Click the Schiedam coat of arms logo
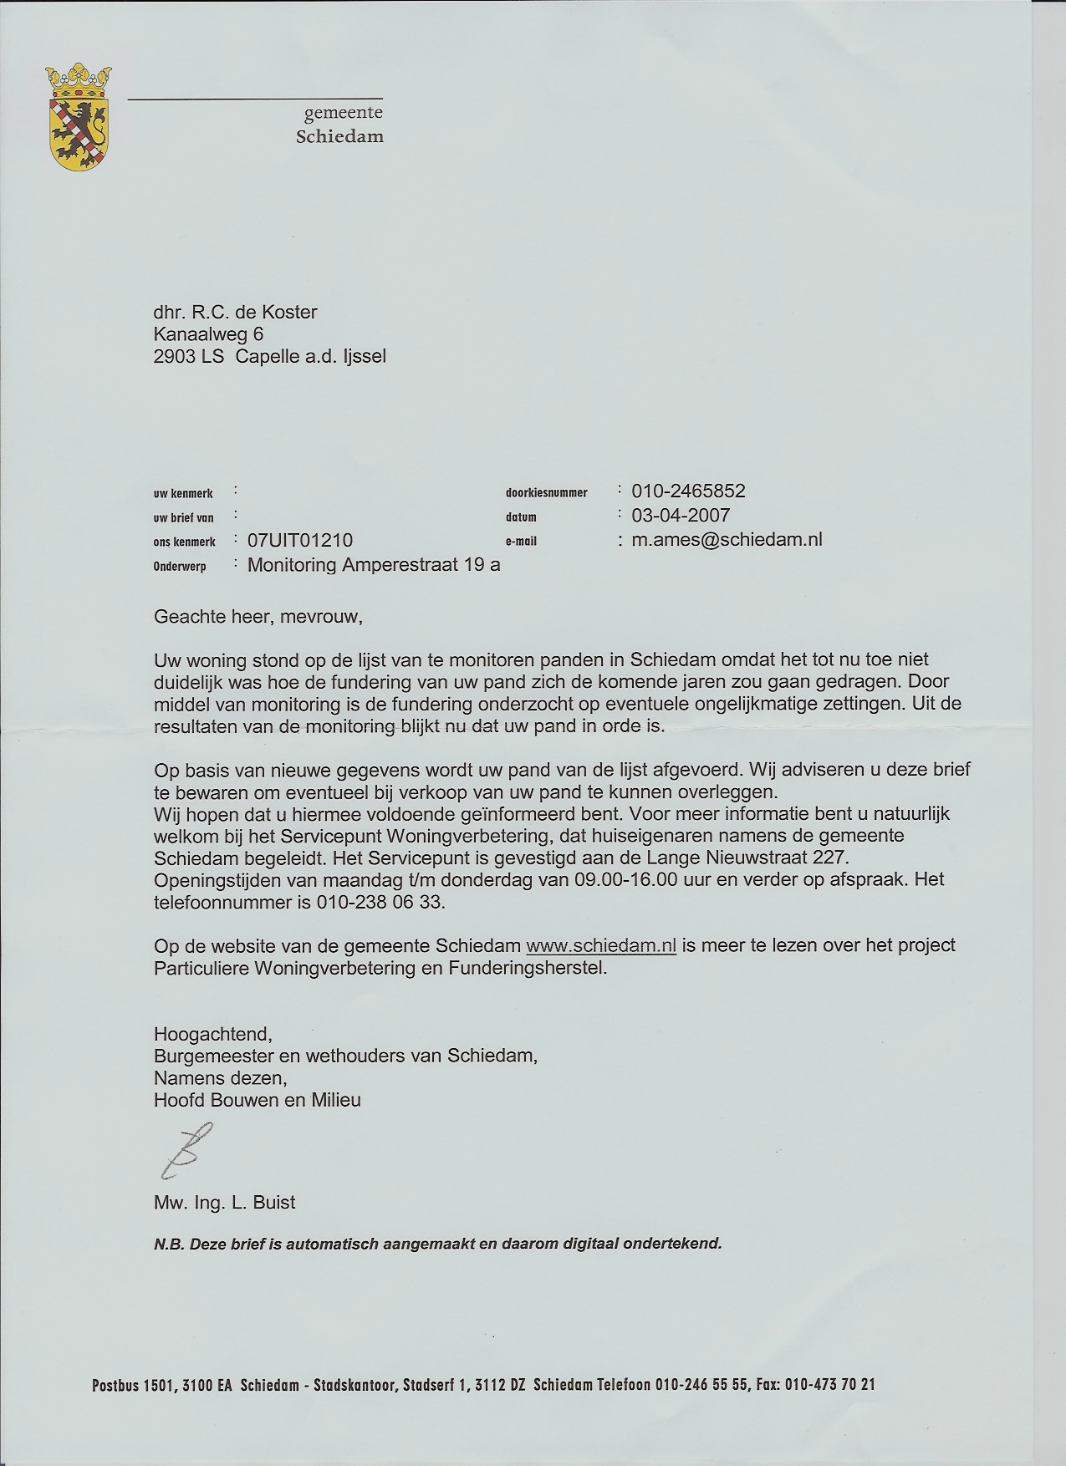coord(79,116)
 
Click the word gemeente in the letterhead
coord(343,113)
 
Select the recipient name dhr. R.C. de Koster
coord(236,313)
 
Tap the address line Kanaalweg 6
coord(208,334)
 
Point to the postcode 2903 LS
coord(188,357)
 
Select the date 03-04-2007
coord(681,516)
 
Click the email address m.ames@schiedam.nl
coord(727,540)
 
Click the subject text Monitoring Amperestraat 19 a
coord(374,565)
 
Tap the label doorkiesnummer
coord(547,493)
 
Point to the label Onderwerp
coord(180,567)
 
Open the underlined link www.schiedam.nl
coord(600,946)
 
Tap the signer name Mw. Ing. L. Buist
coord(225,1203)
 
